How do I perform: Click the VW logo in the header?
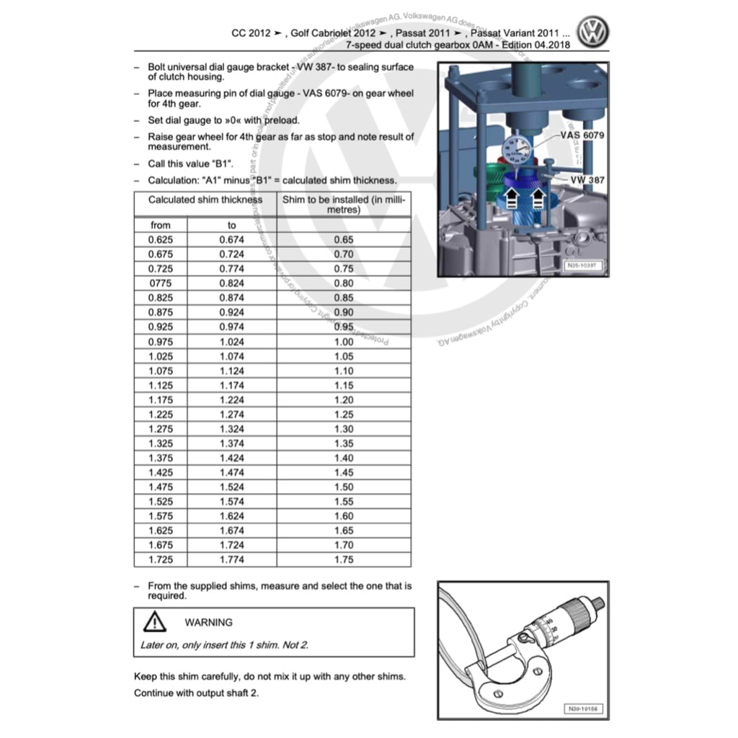click(x=592, y=32)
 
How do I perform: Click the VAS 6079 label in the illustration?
click(x=581, y=135)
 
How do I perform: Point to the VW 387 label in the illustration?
click(x=587, y=179)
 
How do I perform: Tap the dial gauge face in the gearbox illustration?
click(x=515, y=152)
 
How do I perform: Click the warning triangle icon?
click(x=154, y=621)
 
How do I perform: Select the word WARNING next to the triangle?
click(x=208, y=622)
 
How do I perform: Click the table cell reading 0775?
click(x=161, y=283)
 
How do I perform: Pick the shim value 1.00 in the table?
click(x=344, y=342)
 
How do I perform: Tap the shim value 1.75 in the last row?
click(x=344, y=559)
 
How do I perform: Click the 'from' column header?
click(x=161, y=225)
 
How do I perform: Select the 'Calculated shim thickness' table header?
click(x=205, y=200)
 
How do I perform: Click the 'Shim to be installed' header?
click(x=344, y=205)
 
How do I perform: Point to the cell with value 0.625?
click(x=161, y=239)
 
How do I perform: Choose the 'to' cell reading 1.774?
click(x=231, y=559)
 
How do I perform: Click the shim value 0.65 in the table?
click(x=344, y=239)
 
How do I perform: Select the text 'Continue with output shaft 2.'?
click(x=197, y=693)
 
